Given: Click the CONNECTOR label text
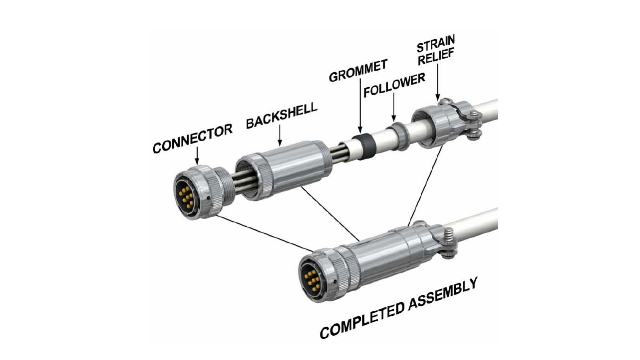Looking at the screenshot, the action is (x=192, y=138).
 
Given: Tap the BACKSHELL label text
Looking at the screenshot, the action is (x=282, y=116).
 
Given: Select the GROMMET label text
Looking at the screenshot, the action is (x=358, y=71).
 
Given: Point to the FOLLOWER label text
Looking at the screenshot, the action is (x=394, y=85).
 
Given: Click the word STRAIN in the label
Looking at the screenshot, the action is (x=436, y=44).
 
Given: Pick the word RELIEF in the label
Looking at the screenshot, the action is (x=436, y=57).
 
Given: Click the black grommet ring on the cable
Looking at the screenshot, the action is (x=366, y=147).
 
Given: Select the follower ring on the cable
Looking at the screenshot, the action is (x=398, y=136).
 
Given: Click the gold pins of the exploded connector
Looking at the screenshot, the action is (x=186, y=196).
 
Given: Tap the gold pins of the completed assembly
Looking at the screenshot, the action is (x=312, y=280).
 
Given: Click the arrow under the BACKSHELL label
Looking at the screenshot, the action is (x=280, y=135).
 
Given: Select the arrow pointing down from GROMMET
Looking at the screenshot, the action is (x=360, y=106).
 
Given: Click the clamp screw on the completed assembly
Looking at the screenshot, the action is (x=449, y=242).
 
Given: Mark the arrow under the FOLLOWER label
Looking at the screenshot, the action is (x=394, y=107).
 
